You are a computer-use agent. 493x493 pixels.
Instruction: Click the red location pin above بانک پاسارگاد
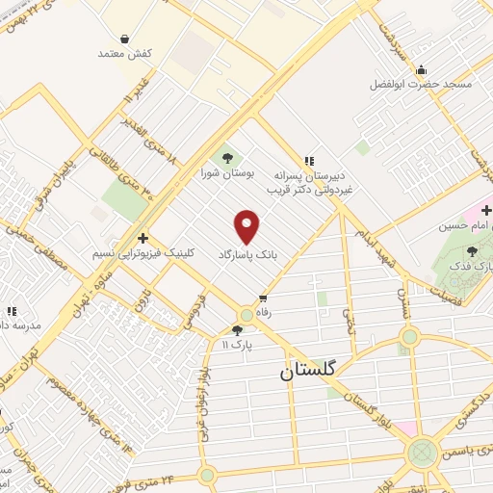click(247, 226)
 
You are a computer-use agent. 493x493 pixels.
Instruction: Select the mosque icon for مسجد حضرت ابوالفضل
click(421, 69)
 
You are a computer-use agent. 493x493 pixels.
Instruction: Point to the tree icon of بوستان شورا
click(227, 156)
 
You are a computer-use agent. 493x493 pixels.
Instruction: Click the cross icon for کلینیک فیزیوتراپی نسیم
click(143, 238)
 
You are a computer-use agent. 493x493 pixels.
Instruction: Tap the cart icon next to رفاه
click(262, 298)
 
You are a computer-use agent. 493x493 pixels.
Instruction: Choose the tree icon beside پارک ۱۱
click(238, 329)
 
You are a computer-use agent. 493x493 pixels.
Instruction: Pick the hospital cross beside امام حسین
click(487, 209)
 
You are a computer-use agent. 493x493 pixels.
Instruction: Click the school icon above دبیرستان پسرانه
click(308, 161)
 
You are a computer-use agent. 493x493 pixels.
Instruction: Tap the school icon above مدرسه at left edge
click(13, 311)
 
